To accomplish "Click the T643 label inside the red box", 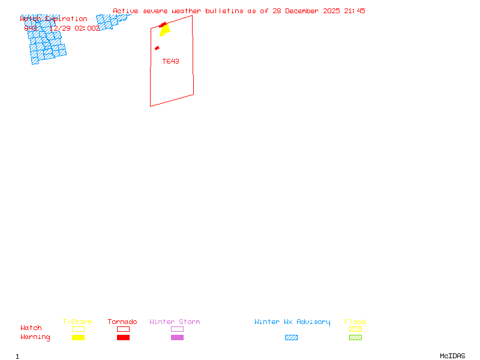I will (x=170, y=61).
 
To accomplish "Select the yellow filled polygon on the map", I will (x=165, y=31).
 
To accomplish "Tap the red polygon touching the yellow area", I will (x=164, y=25).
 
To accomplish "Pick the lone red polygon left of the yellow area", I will (x=157, y=48).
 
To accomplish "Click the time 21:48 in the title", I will (x=354, y=11).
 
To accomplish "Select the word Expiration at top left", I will (x=68, y=19).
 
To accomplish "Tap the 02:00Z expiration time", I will (x=87, y=28).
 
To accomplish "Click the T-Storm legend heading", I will (x=77, y=322).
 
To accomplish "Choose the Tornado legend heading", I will (x=122, y=322).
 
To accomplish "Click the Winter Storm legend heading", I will (x=175, y=322).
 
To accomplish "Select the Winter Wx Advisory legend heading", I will (x=292, y=322).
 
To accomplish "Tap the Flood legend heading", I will (x=355, y=322).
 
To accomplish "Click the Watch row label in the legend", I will (x=31, y=328).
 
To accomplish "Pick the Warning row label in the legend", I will (x=35, y=337).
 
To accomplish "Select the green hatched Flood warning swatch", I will (x=355, y=337).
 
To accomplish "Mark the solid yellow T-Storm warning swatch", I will (x=78, y=337).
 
